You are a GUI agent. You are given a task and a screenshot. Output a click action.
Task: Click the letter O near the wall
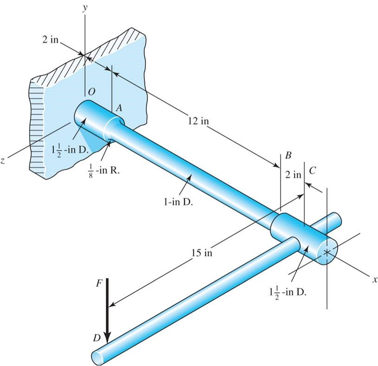91,93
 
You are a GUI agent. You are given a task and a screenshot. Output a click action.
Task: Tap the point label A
118,108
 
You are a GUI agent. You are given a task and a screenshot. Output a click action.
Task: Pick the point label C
312,171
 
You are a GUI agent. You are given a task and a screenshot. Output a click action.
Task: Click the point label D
96,338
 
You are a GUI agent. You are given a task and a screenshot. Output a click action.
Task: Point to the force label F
98,284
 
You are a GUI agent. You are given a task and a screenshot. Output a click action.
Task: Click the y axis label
85,8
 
